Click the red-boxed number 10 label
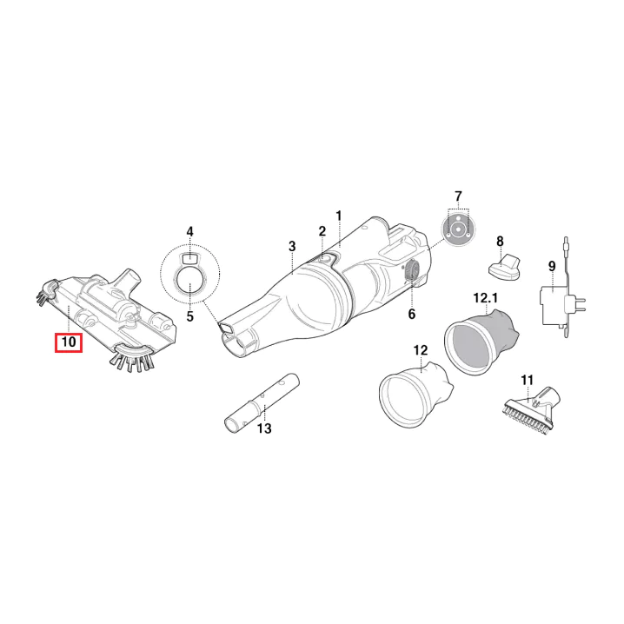(x=69, y=342)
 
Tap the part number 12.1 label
(x=486, y=298)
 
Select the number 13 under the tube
(x=264, y=428)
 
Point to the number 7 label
(x=459, y=196)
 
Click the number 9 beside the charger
(x=552, y=266)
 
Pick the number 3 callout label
(x=292, y=246)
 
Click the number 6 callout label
(x=411, y=314)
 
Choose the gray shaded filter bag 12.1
(x=481, y=342)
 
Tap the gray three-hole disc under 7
(x=458, y=229)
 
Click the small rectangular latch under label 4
(x=189, y=257)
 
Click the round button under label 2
(x=325, y=259)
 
